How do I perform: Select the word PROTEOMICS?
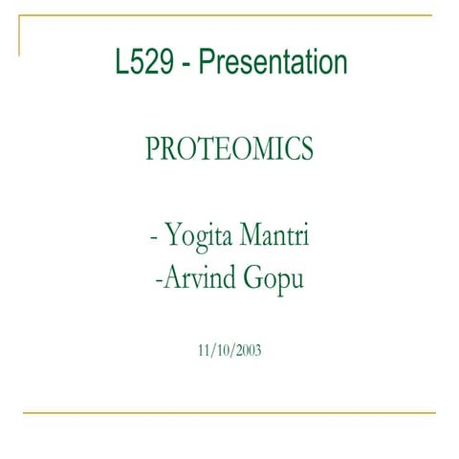pos(229,149)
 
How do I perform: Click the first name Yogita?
pos(195,235)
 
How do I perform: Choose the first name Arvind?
pos(195,281)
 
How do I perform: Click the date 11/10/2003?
pos(229,350)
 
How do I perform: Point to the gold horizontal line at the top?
pos(229,16)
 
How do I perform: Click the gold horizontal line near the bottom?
pos(229,413)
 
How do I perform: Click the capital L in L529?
pos(120,64)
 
